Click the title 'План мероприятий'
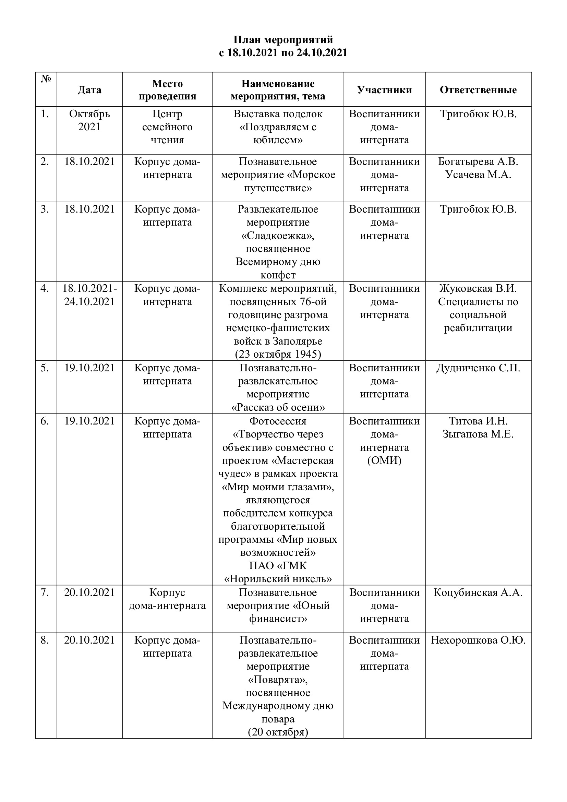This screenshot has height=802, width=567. (283, 40)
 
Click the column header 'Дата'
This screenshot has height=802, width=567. (89, 90)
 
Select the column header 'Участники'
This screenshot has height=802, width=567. (384, 90)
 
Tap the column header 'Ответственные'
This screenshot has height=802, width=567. (478, 90)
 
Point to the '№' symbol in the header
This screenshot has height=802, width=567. (46, 79)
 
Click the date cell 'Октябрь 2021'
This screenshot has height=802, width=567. (89, 120)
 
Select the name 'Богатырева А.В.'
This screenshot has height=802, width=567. (478, 162)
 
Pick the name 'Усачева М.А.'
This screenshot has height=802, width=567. (478, 175)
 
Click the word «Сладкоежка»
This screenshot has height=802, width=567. (278, 236)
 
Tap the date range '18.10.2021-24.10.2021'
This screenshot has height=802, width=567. (89, 295)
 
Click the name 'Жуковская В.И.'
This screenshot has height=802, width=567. (478, 288)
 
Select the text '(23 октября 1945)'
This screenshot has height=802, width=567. (278, 354)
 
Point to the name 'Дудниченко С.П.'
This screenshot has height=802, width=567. (478, 368)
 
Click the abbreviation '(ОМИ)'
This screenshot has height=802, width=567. (384, 460)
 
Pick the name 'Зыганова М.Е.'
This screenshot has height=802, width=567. (478, 434)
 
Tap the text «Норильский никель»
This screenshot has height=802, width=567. (278, 579)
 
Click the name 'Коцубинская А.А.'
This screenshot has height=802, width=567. (478, 592)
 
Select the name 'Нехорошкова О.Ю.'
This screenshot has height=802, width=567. (478, 640)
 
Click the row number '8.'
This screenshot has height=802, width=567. (45, 640)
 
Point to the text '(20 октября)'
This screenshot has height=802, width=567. (278, 732)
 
